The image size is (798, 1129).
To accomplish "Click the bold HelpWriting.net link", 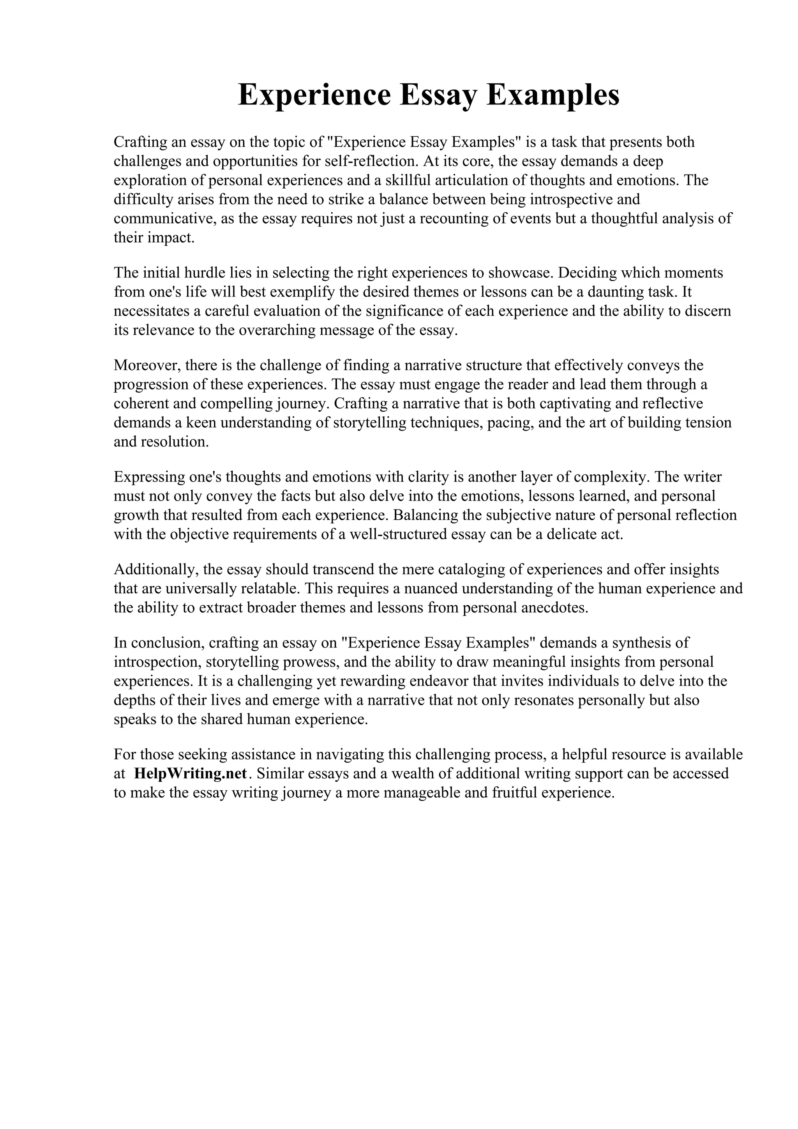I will [190, 773].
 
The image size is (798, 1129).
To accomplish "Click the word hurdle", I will [201, 272].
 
